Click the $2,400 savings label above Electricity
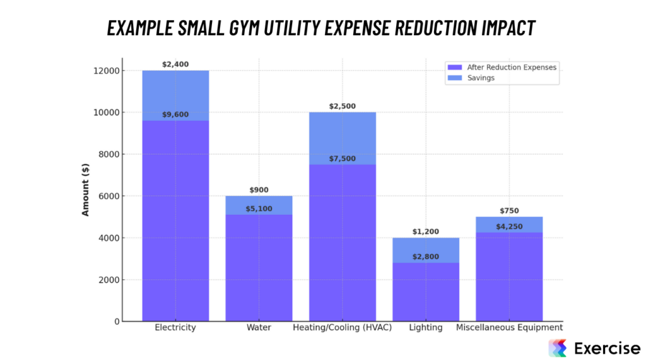(175, 64)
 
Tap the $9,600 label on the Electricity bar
(175, 115)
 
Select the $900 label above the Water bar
(259, 190)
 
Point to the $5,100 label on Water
(259, 209)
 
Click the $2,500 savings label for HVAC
(342, 107)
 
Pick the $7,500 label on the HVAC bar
(342, 159)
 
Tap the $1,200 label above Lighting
(425, 232)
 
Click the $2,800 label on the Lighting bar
(425, 256)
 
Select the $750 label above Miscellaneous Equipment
(508, 211)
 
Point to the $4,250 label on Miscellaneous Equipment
(508, 227)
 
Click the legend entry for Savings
(481, 78)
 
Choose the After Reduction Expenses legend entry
(511, 67)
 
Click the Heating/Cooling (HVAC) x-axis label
(342, 328)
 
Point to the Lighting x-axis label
(425, 328)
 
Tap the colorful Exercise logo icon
(557, 348)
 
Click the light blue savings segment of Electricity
(175, 95)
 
